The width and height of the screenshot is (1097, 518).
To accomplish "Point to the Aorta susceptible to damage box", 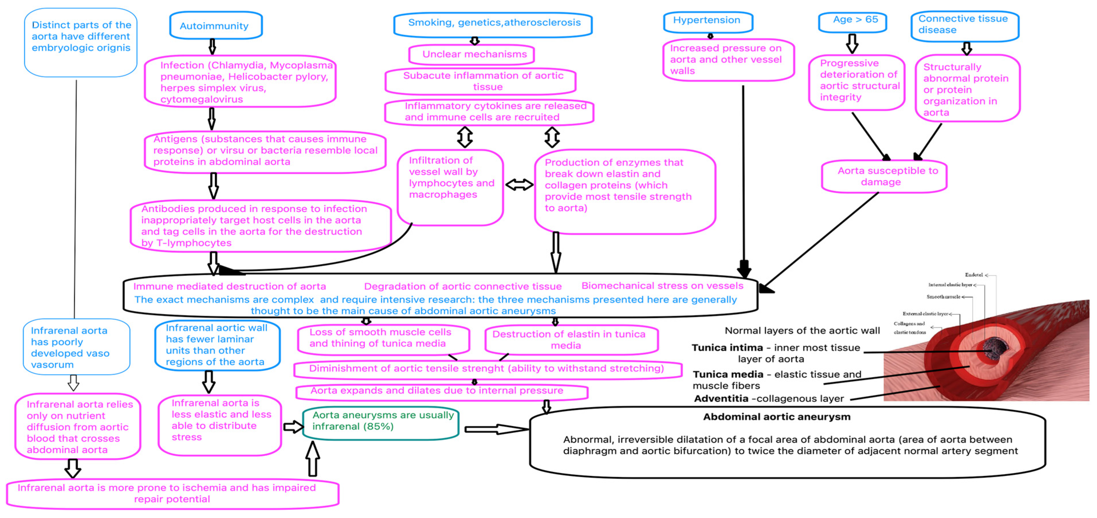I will point(884,176).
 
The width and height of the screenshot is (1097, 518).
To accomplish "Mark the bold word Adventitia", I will point(721,399).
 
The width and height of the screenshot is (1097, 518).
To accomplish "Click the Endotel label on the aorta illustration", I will point(974,275).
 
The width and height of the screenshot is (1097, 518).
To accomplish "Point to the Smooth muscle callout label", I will point(943,297).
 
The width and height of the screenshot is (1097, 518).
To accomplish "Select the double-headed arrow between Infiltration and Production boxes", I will point(519,185).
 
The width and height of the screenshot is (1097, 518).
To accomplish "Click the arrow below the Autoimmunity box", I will point(212,46).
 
